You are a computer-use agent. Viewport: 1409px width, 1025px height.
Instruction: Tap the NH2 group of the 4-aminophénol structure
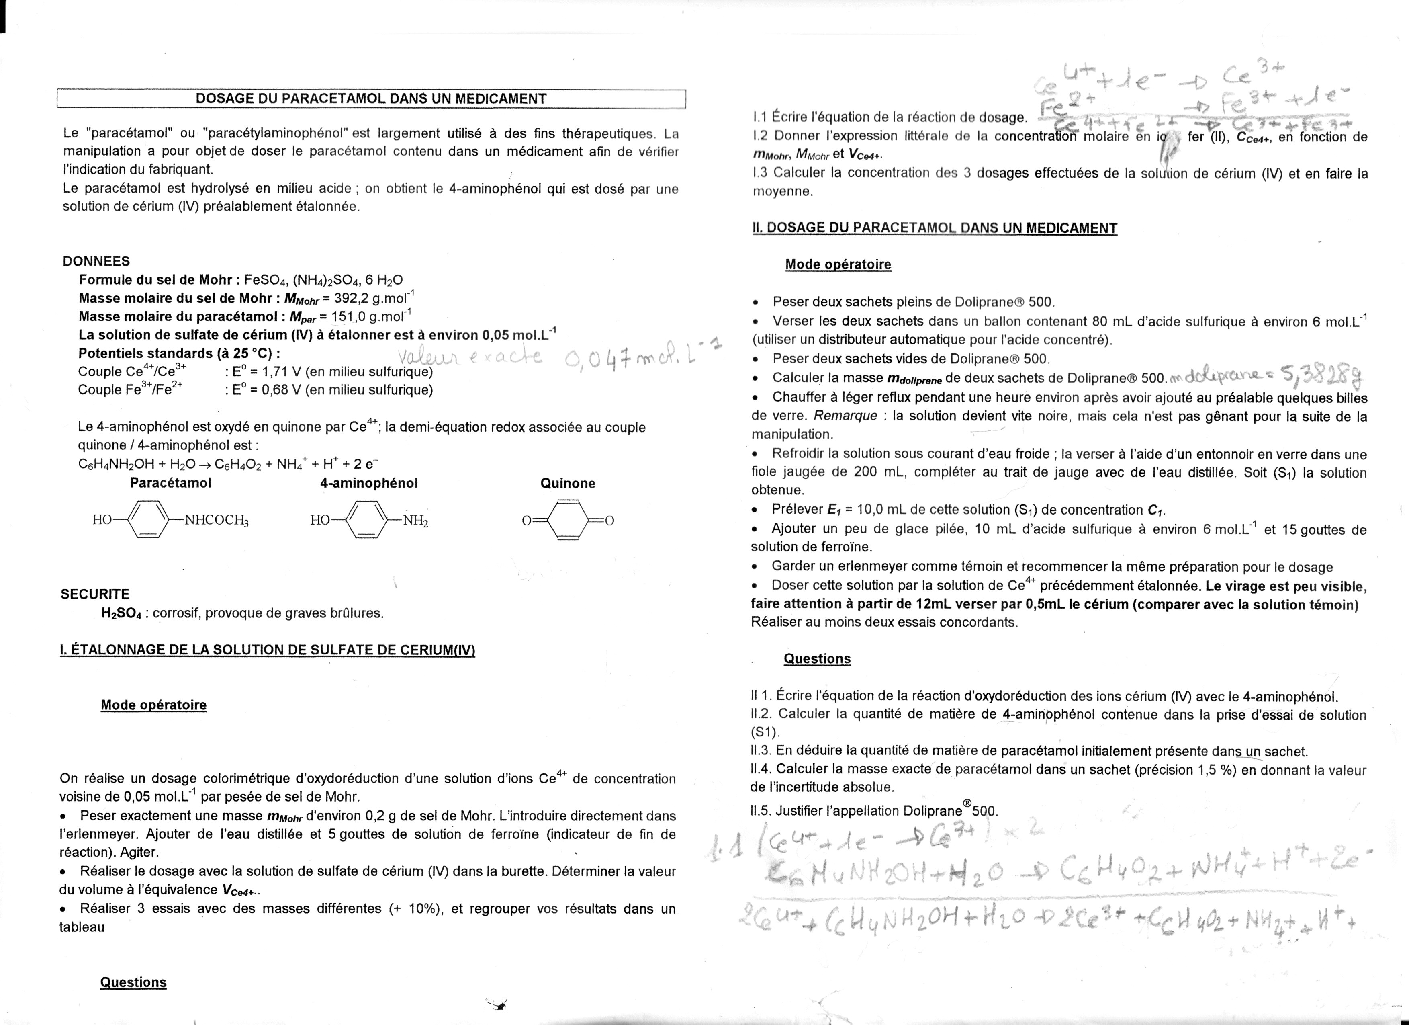pos(415,521)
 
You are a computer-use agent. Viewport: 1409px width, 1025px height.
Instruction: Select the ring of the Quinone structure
pos(568,520)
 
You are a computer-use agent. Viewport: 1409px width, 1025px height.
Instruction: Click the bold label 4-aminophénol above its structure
pos(369,483)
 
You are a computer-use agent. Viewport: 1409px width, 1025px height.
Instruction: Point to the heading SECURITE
pos(95,594)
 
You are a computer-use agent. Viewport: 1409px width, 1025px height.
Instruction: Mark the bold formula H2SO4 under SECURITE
pos(122,613)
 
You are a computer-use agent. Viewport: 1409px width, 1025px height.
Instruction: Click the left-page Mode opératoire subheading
pos(153,705)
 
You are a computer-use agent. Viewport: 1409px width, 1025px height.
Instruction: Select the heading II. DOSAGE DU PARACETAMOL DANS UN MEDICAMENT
pos(935,228)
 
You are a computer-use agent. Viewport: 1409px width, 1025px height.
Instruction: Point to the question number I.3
pos(761,173)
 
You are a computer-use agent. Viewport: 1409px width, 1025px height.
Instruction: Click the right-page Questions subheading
pos(817,659)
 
